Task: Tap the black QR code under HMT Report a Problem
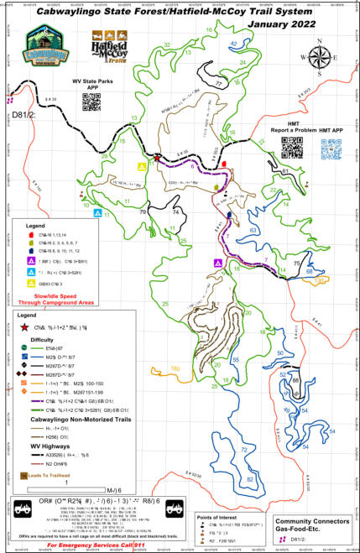(x=290, y=147)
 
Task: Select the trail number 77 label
(x=217, y=84)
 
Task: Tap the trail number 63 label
(x=253, y=228)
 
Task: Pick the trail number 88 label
(x=295, y=382)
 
